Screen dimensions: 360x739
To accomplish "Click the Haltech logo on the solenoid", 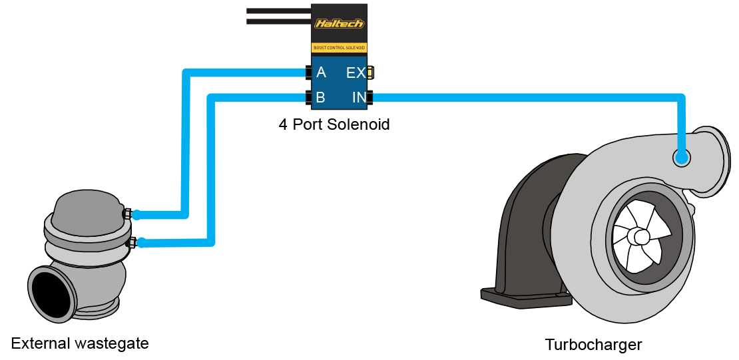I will point(340,23).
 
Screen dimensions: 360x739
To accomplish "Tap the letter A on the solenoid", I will point(321,73).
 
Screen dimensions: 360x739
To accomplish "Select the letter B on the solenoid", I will point(320,98).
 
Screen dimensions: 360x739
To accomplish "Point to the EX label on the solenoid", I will point(356,73).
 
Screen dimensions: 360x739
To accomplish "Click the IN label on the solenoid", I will point(358,98).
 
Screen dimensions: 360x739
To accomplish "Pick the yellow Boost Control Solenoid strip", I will point(340,48).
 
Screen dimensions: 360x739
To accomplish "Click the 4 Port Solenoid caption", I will point(334,124).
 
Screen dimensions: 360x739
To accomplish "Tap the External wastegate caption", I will point(80,343).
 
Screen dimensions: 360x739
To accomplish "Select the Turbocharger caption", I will point(593,345).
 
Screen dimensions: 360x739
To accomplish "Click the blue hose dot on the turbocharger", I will point(681,158).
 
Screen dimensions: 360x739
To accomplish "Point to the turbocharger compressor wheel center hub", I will point(641,236).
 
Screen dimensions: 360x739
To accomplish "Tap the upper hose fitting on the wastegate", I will point(127,214).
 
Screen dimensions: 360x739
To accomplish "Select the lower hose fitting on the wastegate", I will point(131,242).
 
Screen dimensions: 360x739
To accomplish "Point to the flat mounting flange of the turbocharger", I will point(526,297).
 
